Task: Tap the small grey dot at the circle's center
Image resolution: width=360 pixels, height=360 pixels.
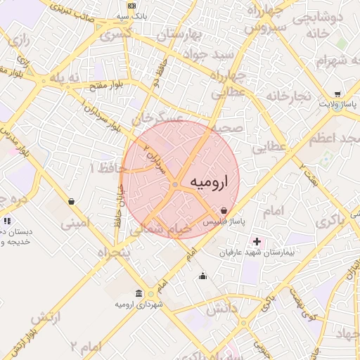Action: tap(175, 185)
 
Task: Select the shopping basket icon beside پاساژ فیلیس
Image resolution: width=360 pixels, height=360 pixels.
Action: tap(224, 210)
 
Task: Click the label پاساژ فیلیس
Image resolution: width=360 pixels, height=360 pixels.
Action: tap(224, 221)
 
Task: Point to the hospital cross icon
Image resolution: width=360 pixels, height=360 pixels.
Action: tap(257, 241)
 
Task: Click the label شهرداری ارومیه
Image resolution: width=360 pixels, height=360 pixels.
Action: tap(141, 304)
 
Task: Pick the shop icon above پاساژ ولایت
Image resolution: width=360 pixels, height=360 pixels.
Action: tap(337, 94)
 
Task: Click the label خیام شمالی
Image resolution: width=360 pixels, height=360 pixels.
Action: tap(168, 229)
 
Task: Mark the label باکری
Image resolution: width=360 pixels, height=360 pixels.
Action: tap(330, 219)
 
